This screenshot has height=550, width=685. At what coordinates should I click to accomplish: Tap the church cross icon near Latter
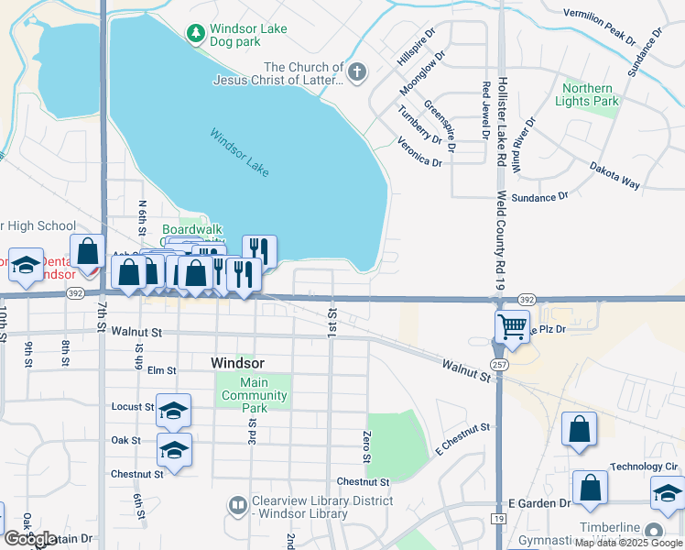[x=357, y=71]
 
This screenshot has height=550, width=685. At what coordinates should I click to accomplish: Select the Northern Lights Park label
[x=588, y=94]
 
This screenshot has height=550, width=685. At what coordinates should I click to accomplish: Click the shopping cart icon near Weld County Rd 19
[x=512, y=324]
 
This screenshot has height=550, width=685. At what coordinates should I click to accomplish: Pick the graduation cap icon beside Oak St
[x=173, y=449]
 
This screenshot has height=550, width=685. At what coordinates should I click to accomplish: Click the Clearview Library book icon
[x=237, y=504]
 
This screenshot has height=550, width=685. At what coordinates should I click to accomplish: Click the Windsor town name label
[x=237, y=362]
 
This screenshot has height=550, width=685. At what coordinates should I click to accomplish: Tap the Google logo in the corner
[x=30, y=539]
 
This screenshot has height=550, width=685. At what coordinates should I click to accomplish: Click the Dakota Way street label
[x=614, y=178]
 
